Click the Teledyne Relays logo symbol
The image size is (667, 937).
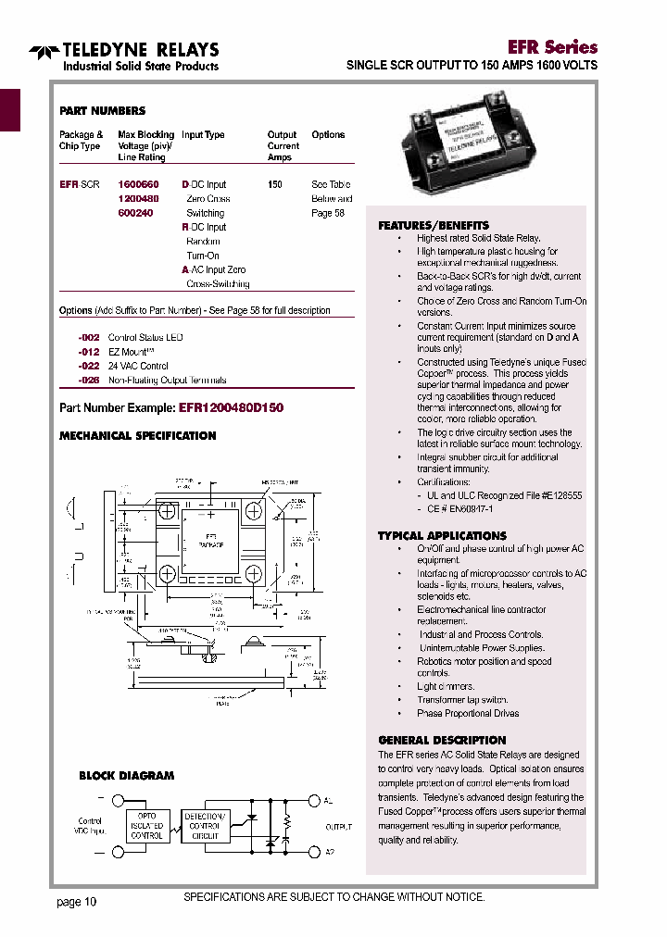pos(43,52)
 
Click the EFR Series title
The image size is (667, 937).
pos(552,46)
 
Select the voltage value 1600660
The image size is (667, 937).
pos(138,185)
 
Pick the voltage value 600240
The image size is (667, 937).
pos(134,213)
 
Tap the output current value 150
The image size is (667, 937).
pos(275,185)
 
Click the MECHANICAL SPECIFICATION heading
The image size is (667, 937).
pos(138,436)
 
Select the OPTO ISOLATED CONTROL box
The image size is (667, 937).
pos(147,826)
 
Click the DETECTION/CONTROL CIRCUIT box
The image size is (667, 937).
pos(206,826)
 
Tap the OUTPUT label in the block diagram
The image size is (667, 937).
pos(338,826)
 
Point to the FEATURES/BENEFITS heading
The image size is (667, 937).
pos(434,226)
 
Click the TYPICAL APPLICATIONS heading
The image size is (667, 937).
pos(442,536)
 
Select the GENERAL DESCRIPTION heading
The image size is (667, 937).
pos(442,741)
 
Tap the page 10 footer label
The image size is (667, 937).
pos(76,902)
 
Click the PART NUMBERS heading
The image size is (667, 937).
pos(102,111)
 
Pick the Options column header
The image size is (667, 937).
pos(328,135)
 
